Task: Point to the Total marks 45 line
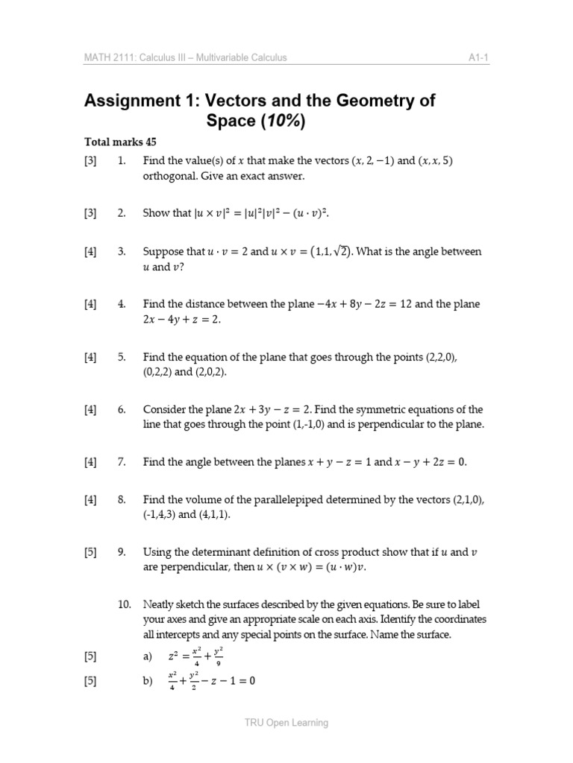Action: coord(120,142)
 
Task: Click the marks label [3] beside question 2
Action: coord(90,214)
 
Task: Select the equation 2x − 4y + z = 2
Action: coord(182,320)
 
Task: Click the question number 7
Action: coord(121,462)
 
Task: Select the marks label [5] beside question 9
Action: coord(90,552)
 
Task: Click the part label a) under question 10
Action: coord(147,656)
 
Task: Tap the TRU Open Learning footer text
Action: coord(286,723)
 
